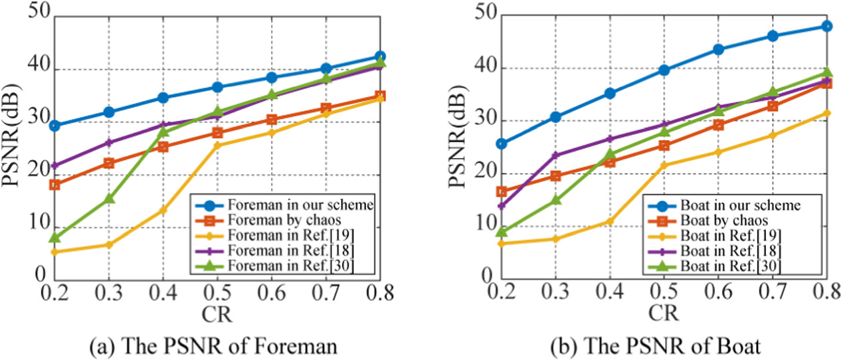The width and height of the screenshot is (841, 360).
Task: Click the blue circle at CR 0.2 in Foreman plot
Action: (x=55, y=126)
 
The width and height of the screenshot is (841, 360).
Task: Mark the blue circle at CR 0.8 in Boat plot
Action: (x=826, y=27)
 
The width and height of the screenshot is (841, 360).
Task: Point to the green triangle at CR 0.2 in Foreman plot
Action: (x=55, y=237)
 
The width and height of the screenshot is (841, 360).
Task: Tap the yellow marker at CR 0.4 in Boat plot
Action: (x=608, y=221)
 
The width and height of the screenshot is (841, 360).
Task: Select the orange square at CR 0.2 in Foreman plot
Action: (x=55, y=185)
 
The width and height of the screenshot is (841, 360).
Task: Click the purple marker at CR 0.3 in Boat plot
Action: (x=555, y=155)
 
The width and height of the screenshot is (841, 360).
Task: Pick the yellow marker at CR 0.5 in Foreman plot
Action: (x=217, y=145)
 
